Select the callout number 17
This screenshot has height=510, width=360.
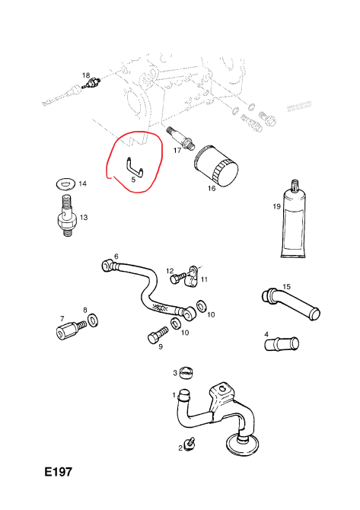coord(177,151)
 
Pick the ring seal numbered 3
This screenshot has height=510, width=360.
coord(188,373)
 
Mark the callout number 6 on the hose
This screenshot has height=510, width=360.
coord(116,257)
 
